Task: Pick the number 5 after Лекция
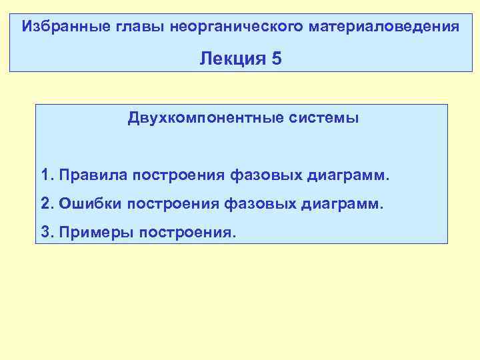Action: click(x=277, y=59)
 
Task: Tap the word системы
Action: click(x=324, y=119)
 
